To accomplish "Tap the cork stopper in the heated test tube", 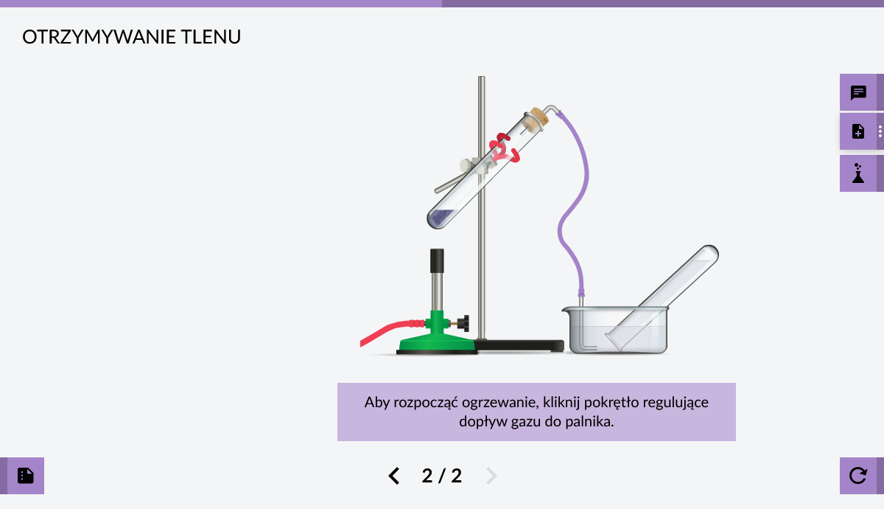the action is pyautogui.click(x=539, y=117).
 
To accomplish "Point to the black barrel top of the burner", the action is pyautogui.click(x=437, y=260).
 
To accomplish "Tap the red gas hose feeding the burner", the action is pyautogui.click(x=390, y=332).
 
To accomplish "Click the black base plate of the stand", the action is pyautogui.click(x=519, y=345).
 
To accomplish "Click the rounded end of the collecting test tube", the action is pyautogui.click(x=710, y=252).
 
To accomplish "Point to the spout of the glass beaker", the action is pyautogui.click(x=566, y=309).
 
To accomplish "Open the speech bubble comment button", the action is pyautogui.click(x=858, y=92).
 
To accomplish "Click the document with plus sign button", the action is pyautogui.click(x=858, y=131).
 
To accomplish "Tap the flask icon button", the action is pyautogui.click(x=858, y=173).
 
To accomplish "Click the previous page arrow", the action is pyautogui.click(x=394, y=476).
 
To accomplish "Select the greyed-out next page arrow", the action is pyautogui.click(x=491, y=476).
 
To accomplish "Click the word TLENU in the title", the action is pyautogui.click(x=211, y=37).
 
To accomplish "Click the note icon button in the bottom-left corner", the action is pyautogui.click(x=26, y=476).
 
